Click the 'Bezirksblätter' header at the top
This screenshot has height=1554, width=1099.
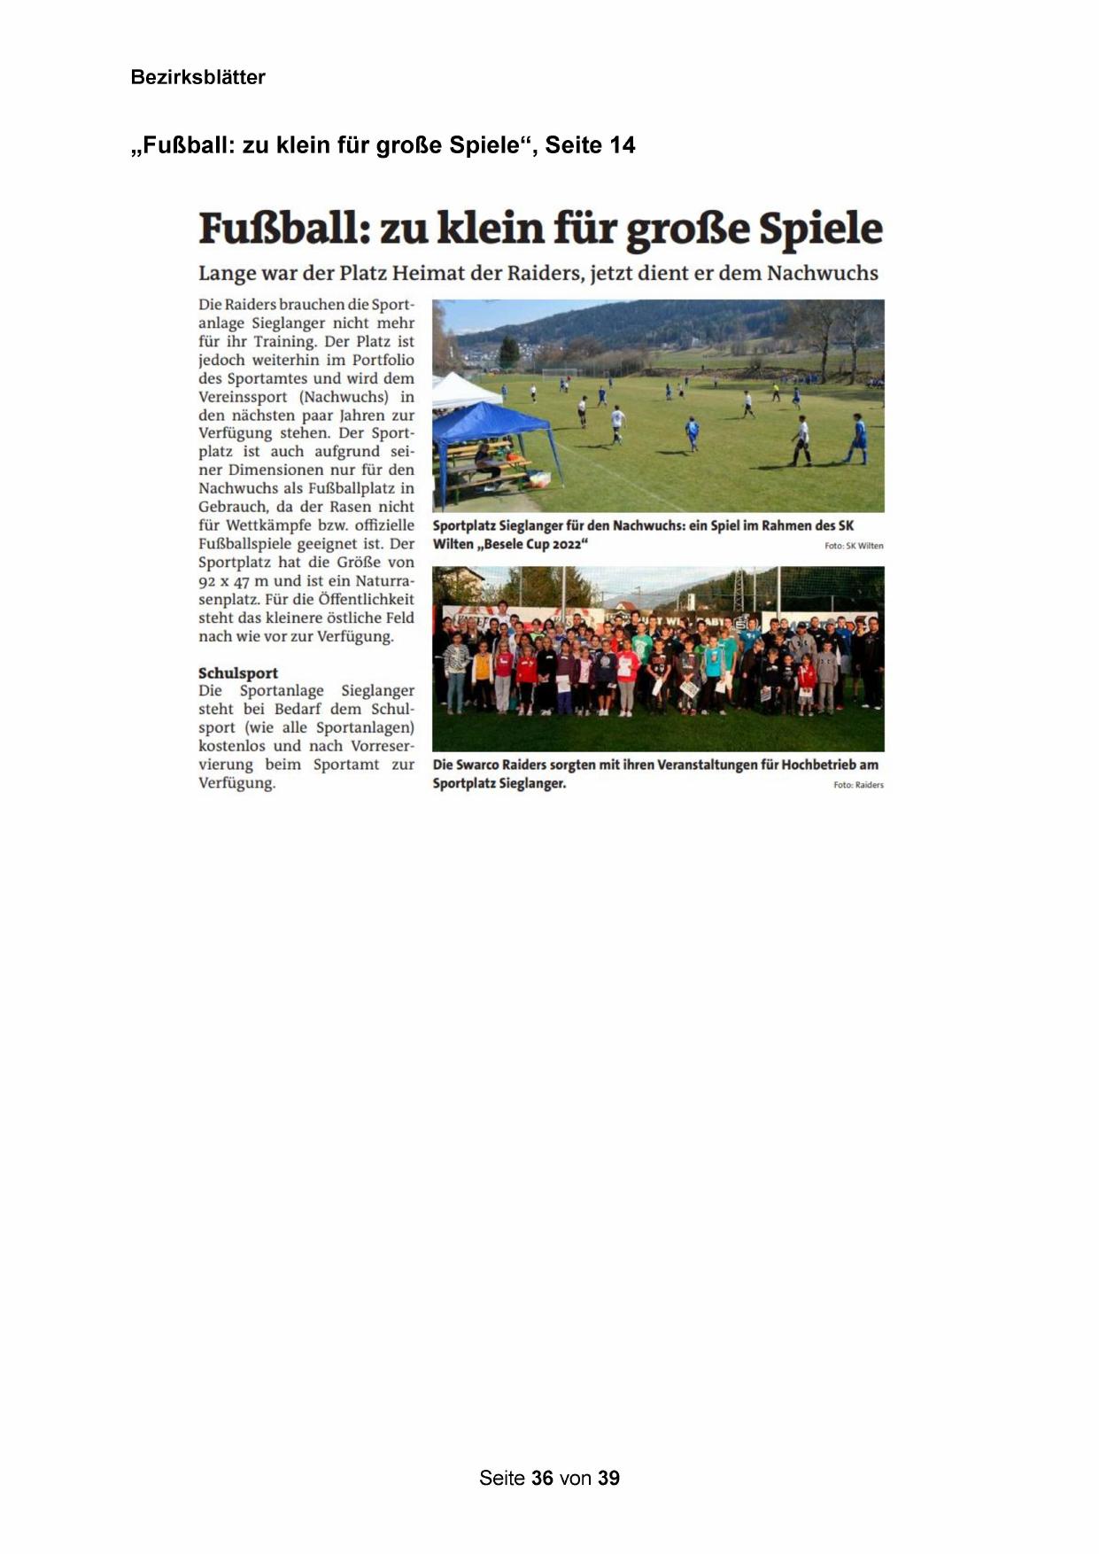[197, 77]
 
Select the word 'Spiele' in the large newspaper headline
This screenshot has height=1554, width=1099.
[821, 229]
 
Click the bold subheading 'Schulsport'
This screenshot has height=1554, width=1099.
[238, 672]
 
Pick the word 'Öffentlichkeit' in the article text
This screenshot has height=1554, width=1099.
[366, 600]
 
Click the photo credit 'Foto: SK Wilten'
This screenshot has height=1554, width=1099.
[854, 546]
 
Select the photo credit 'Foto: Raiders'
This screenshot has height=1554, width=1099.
[858, 785]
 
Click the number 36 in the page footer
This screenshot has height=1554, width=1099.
[542, 1478]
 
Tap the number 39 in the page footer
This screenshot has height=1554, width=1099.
[608, 1478]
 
